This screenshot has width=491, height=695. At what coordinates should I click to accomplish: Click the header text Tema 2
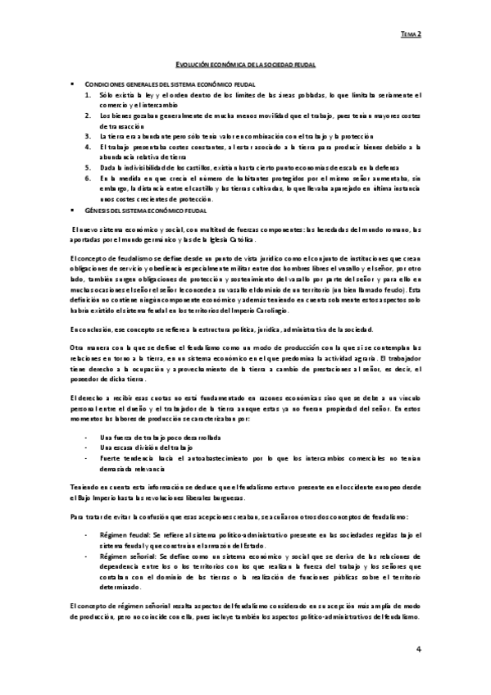[411, 34]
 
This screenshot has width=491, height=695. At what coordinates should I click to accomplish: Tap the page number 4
[418, 649]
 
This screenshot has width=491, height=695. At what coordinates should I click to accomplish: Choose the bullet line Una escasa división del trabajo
[139, 448]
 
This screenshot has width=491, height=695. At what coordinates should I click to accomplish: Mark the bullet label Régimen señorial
[126, 554]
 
